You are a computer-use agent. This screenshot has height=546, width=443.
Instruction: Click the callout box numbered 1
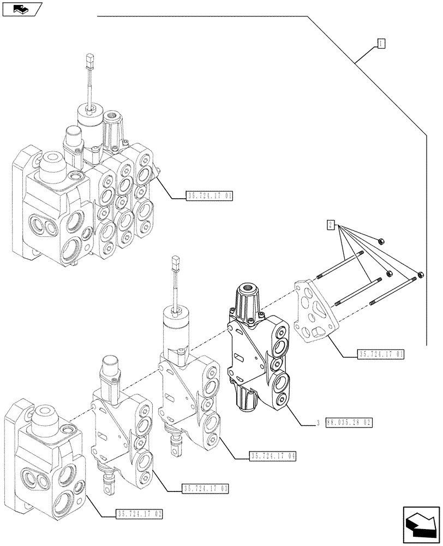[381, 44]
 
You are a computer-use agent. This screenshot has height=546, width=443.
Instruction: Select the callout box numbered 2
[331, 224]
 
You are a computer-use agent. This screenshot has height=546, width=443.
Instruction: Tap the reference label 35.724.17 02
[140, 514]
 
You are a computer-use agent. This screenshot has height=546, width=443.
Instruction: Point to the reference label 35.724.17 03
[206, 488]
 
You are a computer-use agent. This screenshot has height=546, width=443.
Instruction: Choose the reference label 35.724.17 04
[272, 456]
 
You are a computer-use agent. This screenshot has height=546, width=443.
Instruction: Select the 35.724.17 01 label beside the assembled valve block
[209, 197]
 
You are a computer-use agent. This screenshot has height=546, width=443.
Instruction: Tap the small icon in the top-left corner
[21, 9]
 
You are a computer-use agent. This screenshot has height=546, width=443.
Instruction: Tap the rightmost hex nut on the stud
[421, 275]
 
